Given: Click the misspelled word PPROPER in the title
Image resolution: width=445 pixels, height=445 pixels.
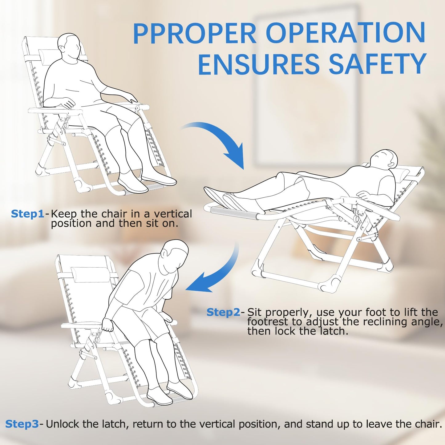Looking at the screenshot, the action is tap(195, 34).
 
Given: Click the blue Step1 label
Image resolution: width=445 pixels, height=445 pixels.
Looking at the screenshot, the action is tap(27, 214).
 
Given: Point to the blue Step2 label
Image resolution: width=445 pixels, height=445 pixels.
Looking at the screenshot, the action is tap(223, 313).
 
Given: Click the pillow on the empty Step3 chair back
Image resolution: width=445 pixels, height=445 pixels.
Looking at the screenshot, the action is tap(91, 275).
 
